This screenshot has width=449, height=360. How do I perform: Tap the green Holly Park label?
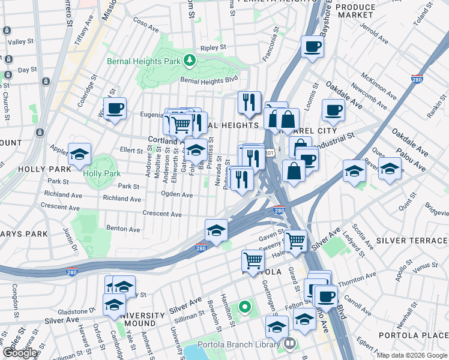pos(102,173)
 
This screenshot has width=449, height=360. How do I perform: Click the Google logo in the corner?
pos(20,352)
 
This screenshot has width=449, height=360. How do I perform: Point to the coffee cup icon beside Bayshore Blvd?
pos(312,47)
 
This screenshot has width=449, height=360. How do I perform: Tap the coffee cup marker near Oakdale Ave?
pos(333,110)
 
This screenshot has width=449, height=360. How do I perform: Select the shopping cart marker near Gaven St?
pos(295,241)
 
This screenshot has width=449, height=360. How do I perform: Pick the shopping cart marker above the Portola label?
pos(253,260)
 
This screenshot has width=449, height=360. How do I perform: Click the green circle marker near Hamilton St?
pos(244,308)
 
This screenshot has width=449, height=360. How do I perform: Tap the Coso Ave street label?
pos(145,25)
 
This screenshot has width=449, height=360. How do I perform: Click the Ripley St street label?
pos(214,47)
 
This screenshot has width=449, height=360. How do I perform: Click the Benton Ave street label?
pos(122,229)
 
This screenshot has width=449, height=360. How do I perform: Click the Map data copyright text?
pos(411,355)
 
